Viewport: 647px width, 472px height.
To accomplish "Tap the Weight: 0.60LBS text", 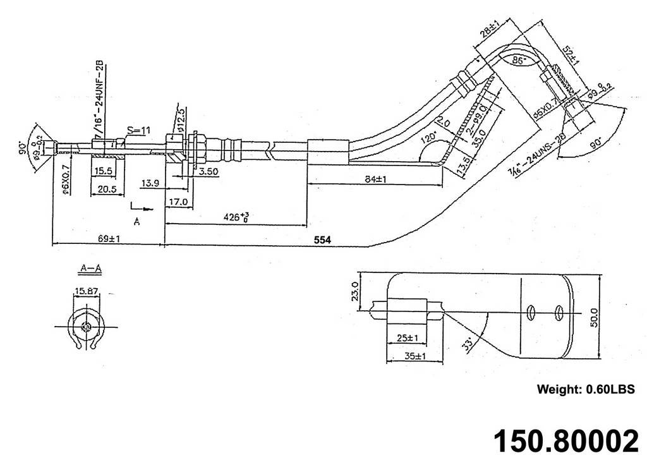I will pyautogui.click(x=584, y=389).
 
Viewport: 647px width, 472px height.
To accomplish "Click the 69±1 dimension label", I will pyautogui.click(x=110, y=238).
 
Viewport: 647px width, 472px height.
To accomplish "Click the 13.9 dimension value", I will pyautogui.click(x=150, y=183).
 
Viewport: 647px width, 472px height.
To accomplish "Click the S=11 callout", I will pyautogui.click(x=138, y=131).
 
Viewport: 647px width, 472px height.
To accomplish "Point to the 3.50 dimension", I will pyautogui.click(x=209, y=171).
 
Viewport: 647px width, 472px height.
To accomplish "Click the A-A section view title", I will pyautogui.click(x=91, y=269).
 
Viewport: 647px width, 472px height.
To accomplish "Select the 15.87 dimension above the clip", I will pyautogui.click(x=86, y=291).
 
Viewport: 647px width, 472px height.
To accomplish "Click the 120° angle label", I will pyautogui.click(x=432, y=136).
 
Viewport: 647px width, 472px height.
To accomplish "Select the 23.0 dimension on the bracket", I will pyautogui.click(x=355, y=293).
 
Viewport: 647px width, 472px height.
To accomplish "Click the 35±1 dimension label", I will pyautogui.click(x=413, y=356).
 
